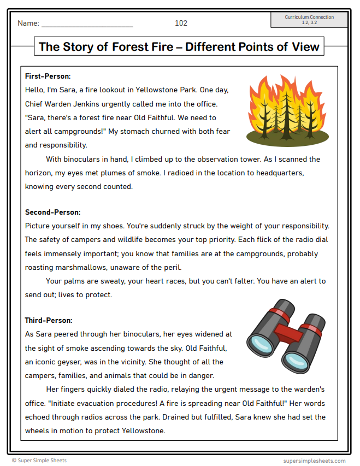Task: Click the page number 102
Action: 181,23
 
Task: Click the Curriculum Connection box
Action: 309,20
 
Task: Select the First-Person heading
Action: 48,76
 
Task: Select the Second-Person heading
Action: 52,212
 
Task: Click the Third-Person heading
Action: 49,320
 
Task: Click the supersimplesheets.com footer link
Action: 314,461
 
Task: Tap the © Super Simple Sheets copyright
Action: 39,461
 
